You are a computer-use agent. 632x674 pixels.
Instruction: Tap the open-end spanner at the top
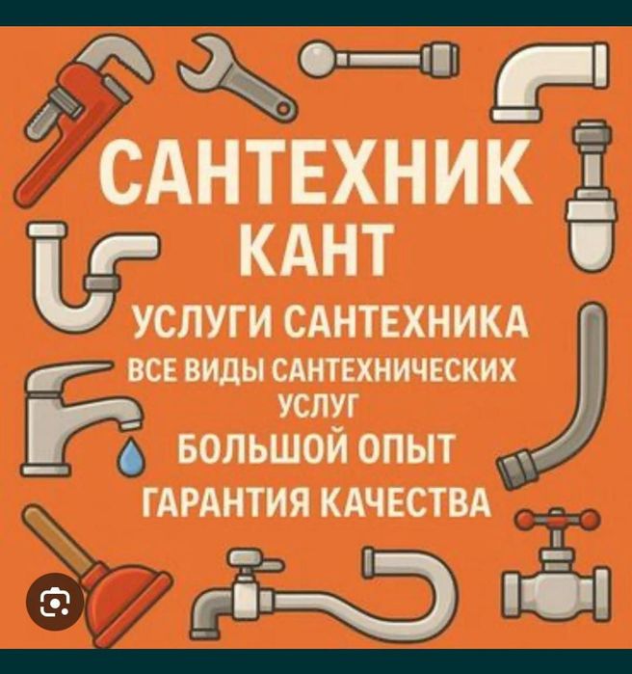pos(236,78)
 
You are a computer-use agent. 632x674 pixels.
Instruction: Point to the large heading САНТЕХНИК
pos(316,173)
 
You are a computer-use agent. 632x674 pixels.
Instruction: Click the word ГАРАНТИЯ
pos(225,501)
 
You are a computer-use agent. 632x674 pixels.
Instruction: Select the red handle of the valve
pos(557,520)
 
